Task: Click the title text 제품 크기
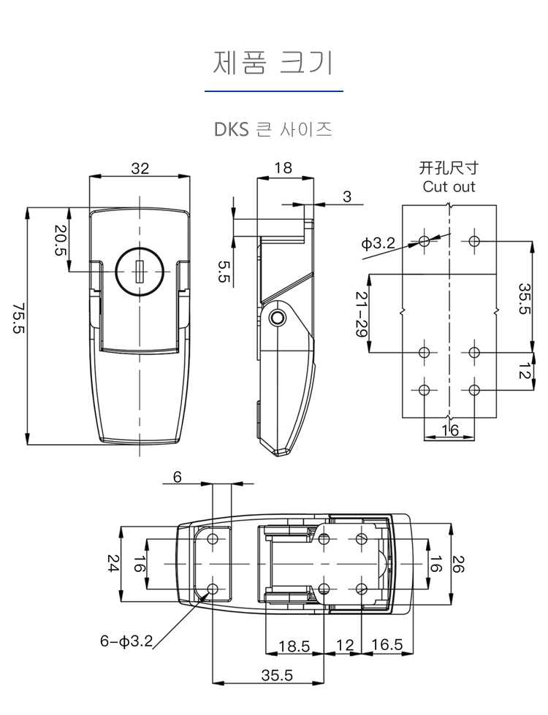[x=273, y=63]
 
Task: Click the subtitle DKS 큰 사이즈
[x=273, y=129]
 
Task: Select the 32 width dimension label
[x=140, y=168]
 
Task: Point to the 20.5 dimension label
[x=60, y=240]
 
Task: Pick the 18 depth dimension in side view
[x=283, y=168]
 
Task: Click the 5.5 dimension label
[x=224, y=271]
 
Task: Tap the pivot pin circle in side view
[x=276, y=318]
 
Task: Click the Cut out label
[x=449, y=186]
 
